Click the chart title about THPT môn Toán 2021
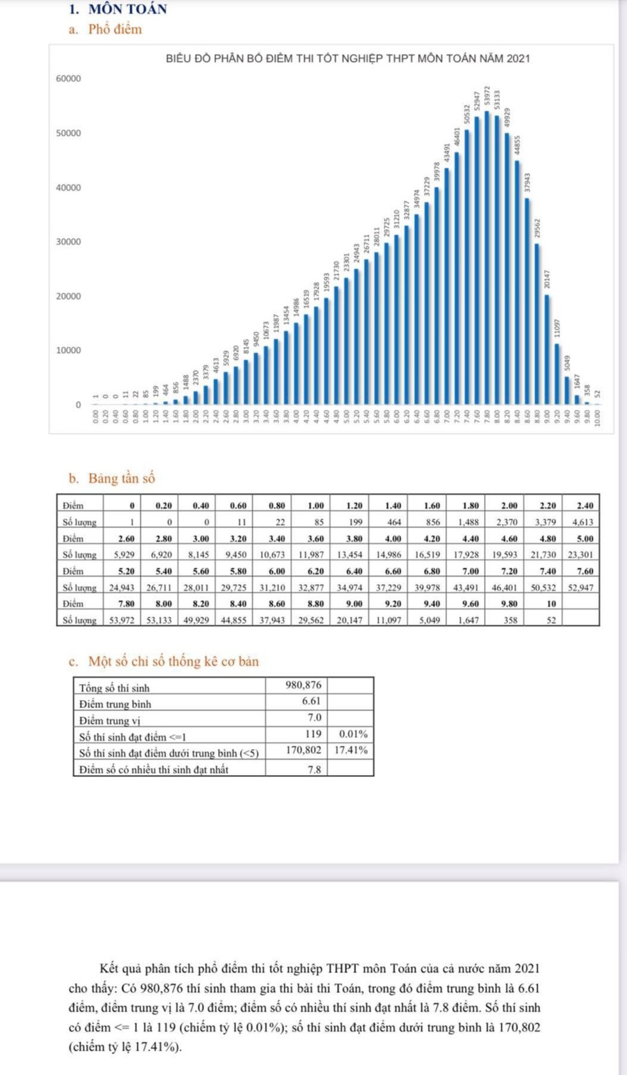(347, 59)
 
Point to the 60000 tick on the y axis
(68, 79)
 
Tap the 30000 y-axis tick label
(68, 241)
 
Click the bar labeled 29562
(537, 323)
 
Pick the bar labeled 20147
(547, 349)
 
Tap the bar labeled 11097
(557, 374)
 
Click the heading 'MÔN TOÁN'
(127, 9)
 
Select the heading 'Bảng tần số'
(121, 478)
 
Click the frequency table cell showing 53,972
(122, 620)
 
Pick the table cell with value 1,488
(469, 522)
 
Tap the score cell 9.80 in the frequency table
(509, 603)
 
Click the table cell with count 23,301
(580, 555)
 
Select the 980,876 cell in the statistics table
(304, 685)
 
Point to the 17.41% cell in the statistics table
(351, 750)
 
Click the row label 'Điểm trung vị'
(110, 720)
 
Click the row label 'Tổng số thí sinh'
(115, 688)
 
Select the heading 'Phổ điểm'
(115, 29)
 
